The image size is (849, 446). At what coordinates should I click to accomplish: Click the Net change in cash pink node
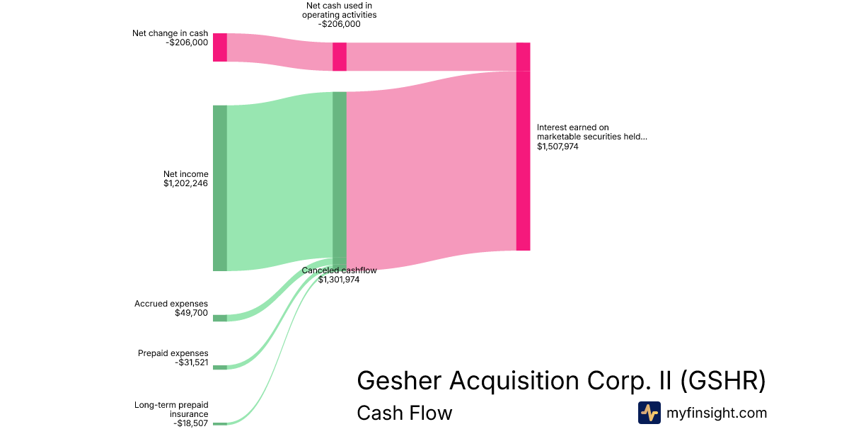(x=219, y=47)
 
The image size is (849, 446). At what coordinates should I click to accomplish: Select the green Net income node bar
(x=219, y=188)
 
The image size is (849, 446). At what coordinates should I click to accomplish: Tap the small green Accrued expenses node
(x=219, y=318)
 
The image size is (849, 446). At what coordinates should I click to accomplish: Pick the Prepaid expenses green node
(x=219, y=367)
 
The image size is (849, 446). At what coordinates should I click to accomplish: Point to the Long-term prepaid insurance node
(x=219, y=423)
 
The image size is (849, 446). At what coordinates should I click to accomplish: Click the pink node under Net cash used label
(x=340, y=57)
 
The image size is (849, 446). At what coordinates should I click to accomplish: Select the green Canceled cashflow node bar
(x=340, y=177)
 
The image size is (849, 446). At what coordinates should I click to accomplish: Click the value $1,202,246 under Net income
(x=185, y=183)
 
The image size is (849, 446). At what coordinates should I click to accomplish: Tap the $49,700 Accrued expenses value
(x=191, y=313)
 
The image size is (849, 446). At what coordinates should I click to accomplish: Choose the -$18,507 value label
(x=190, y=423)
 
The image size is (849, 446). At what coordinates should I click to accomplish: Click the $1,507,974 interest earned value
(x=558, y=147)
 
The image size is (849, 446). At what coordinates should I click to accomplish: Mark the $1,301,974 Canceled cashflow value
(x=339, y=280)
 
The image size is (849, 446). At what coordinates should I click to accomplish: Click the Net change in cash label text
(x=170, y=33)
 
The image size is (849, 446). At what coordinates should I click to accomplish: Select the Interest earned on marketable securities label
(x=591, y=132)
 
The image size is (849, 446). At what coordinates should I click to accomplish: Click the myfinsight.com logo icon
(x=649, y=413)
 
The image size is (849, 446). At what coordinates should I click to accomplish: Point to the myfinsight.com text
(x=717, y=413)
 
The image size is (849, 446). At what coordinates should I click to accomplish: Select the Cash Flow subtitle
(x=404, y=413)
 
